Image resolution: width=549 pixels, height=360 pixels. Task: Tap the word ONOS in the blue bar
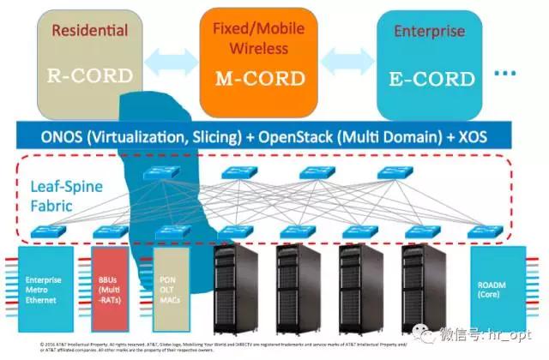(x=63, y=135)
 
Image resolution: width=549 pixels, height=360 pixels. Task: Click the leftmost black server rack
(x=233, y=287)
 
